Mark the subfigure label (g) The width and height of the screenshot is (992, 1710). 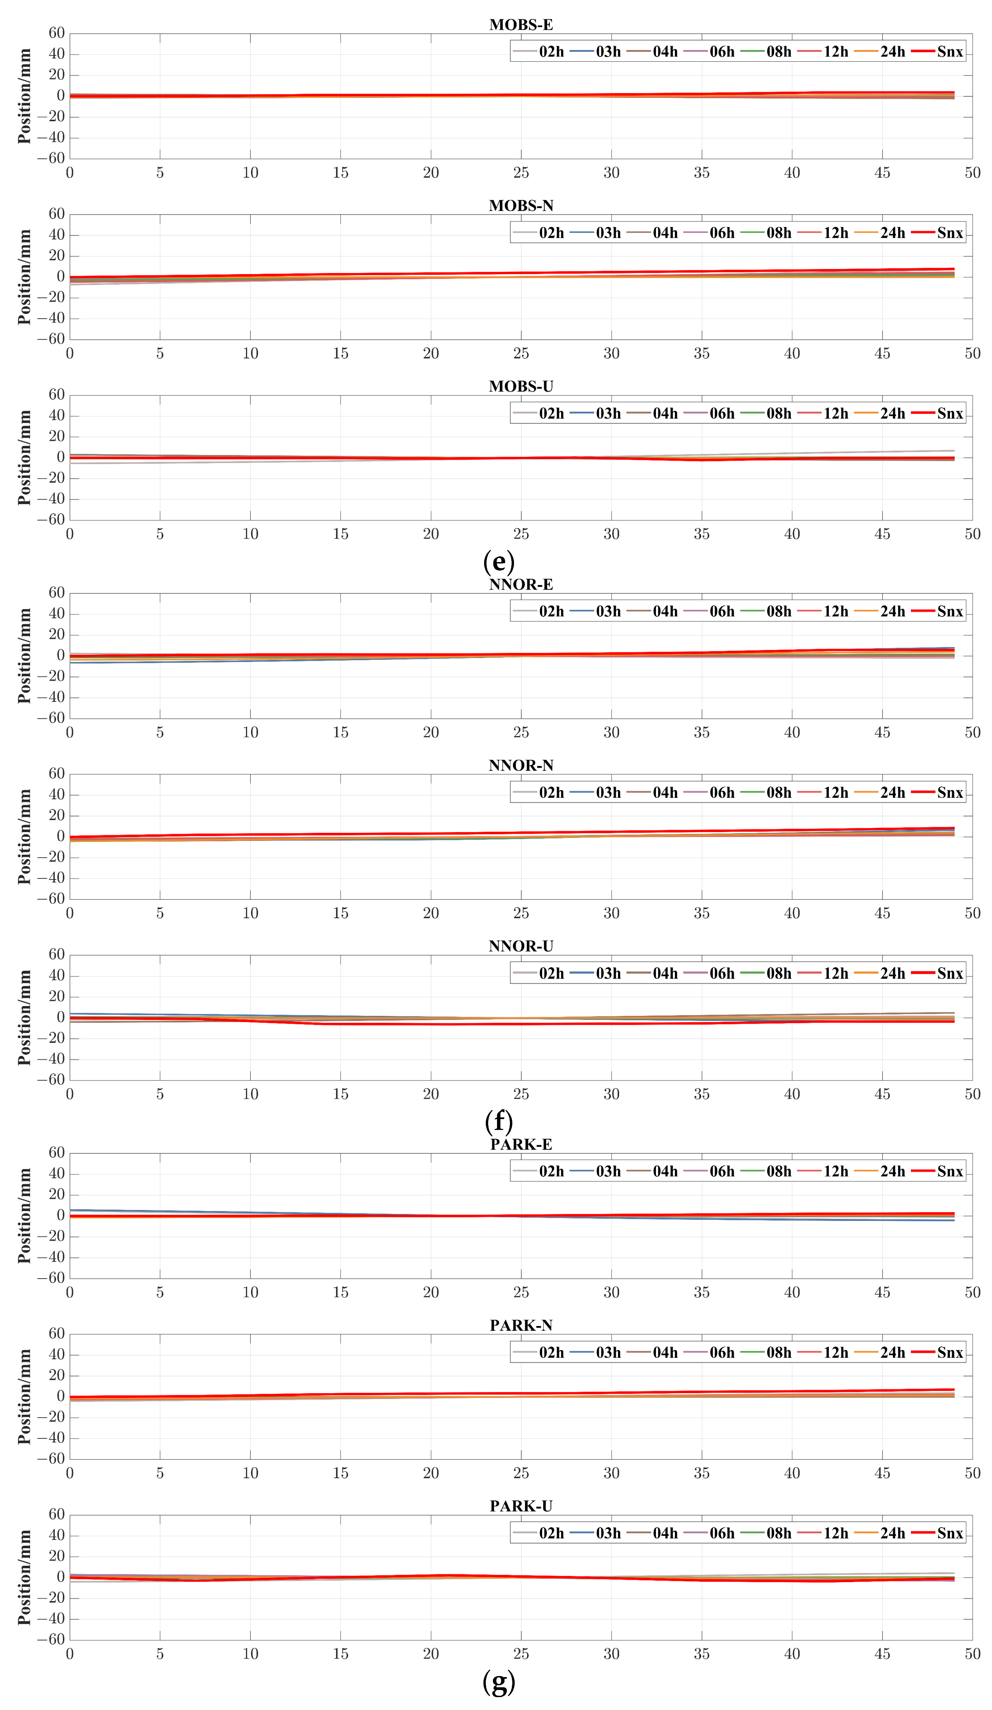(x=499, y=1682)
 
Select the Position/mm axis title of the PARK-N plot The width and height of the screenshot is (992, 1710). (x=24, y=1396)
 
